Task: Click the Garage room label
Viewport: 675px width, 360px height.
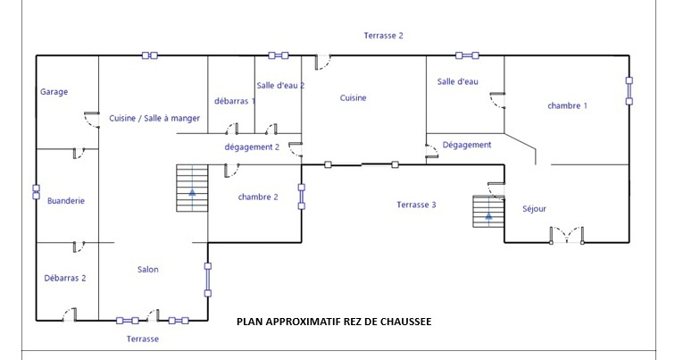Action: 54,92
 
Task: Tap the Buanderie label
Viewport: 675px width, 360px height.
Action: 66,201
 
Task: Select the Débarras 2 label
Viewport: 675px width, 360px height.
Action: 65,278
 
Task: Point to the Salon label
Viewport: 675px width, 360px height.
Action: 147,270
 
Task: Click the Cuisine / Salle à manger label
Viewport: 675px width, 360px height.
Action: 154,118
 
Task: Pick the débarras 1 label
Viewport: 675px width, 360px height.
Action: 235,101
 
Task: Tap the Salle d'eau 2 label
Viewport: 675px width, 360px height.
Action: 280,85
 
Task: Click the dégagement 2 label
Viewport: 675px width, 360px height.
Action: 252,147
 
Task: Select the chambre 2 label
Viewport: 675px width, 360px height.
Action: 258,197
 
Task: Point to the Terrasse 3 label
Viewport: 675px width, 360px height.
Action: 416,205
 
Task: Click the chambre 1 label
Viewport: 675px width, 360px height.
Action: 567,106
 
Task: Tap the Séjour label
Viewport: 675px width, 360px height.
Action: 534,209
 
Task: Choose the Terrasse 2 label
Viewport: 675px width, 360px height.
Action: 384,36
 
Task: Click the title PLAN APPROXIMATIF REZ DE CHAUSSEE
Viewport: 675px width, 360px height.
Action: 334,322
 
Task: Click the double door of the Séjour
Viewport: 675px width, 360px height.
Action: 566,236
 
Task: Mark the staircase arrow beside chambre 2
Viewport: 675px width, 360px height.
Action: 192,192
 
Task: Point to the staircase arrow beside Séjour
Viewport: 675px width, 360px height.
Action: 488,216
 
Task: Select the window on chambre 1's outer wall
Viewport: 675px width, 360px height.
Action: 629,91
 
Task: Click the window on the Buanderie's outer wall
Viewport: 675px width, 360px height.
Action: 36,192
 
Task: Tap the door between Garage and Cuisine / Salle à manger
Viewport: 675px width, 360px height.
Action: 92,120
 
